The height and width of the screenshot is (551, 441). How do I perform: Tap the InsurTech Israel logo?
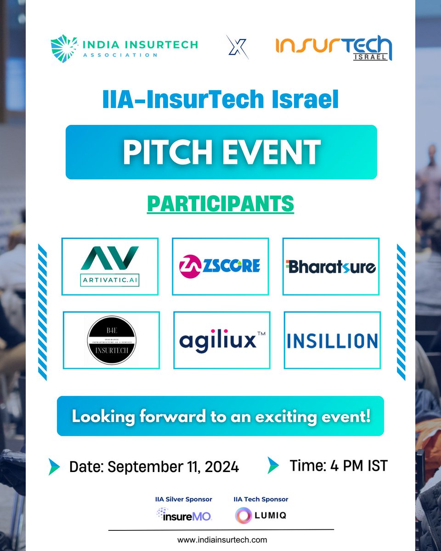tap(334, 48)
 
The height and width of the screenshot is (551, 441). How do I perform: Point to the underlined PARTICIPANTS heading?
tap(220, 203)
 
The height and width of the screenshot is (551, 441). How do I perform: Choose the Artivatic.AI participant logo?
tap(110, 266)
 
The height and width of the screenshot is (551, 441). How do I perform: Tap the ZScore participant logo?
tap(220, 266)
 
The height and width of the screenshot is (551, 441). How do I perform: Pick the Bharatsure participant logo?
tap(331, 266)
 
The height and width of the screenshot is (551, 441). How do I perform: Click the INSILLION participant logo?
tap(332, 340)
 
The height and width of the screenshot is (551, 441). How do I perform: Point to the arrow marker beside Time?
tap(274, 465)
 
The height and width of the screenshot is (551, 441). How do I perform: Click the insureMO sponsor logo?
tap(183, 515)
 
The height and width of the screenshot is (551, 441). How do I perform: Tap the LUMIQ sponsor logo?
tap(260, 515)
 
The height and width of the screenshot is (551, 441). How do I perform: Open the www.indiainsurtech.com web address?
tap(222, 540)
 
